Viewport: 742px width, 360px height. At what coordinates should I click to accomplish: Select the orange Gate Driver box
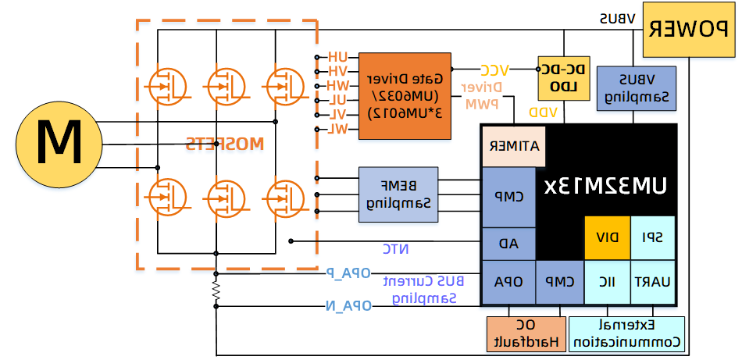[x=405, y=96]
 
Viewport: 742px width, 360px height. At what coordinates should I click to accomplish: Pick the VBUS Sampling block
[x=635, y=88]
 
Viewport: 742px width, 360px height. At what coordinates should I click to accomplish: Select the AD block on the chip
[x=508, y=243]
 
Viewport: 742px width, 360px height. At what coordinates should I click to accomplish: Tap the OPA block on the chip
[x=508, y=281]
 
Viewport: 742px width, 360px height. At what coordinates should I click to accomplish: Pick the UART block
[x=653, y=281]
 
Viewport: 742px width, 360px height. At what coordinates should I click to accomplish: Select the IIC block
[x=608, y=281]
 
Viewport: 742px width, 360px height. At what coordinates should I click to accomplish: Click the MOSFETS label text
[x=225, y=144]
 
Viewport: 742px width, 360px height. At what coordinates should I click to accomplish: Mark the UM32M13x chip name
[x=617, y=187]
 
